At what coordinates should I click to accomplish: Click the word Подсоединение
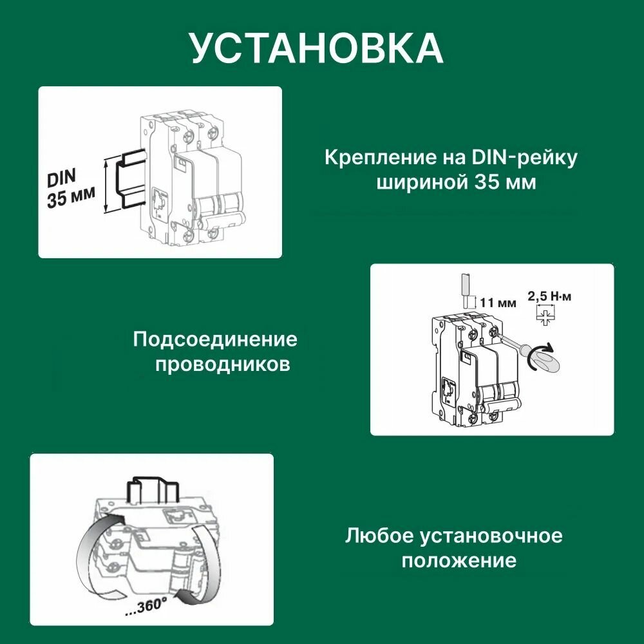pos(215,339)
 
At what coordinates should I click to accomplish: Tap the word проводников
pos(223,365)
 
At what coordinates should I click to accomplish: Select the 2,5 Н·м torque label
pos(549,297)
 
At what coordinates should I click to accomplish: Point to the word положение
pos(459,561)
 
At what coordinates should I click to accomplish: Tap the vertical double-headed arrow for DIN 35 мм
pos(106,187)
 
